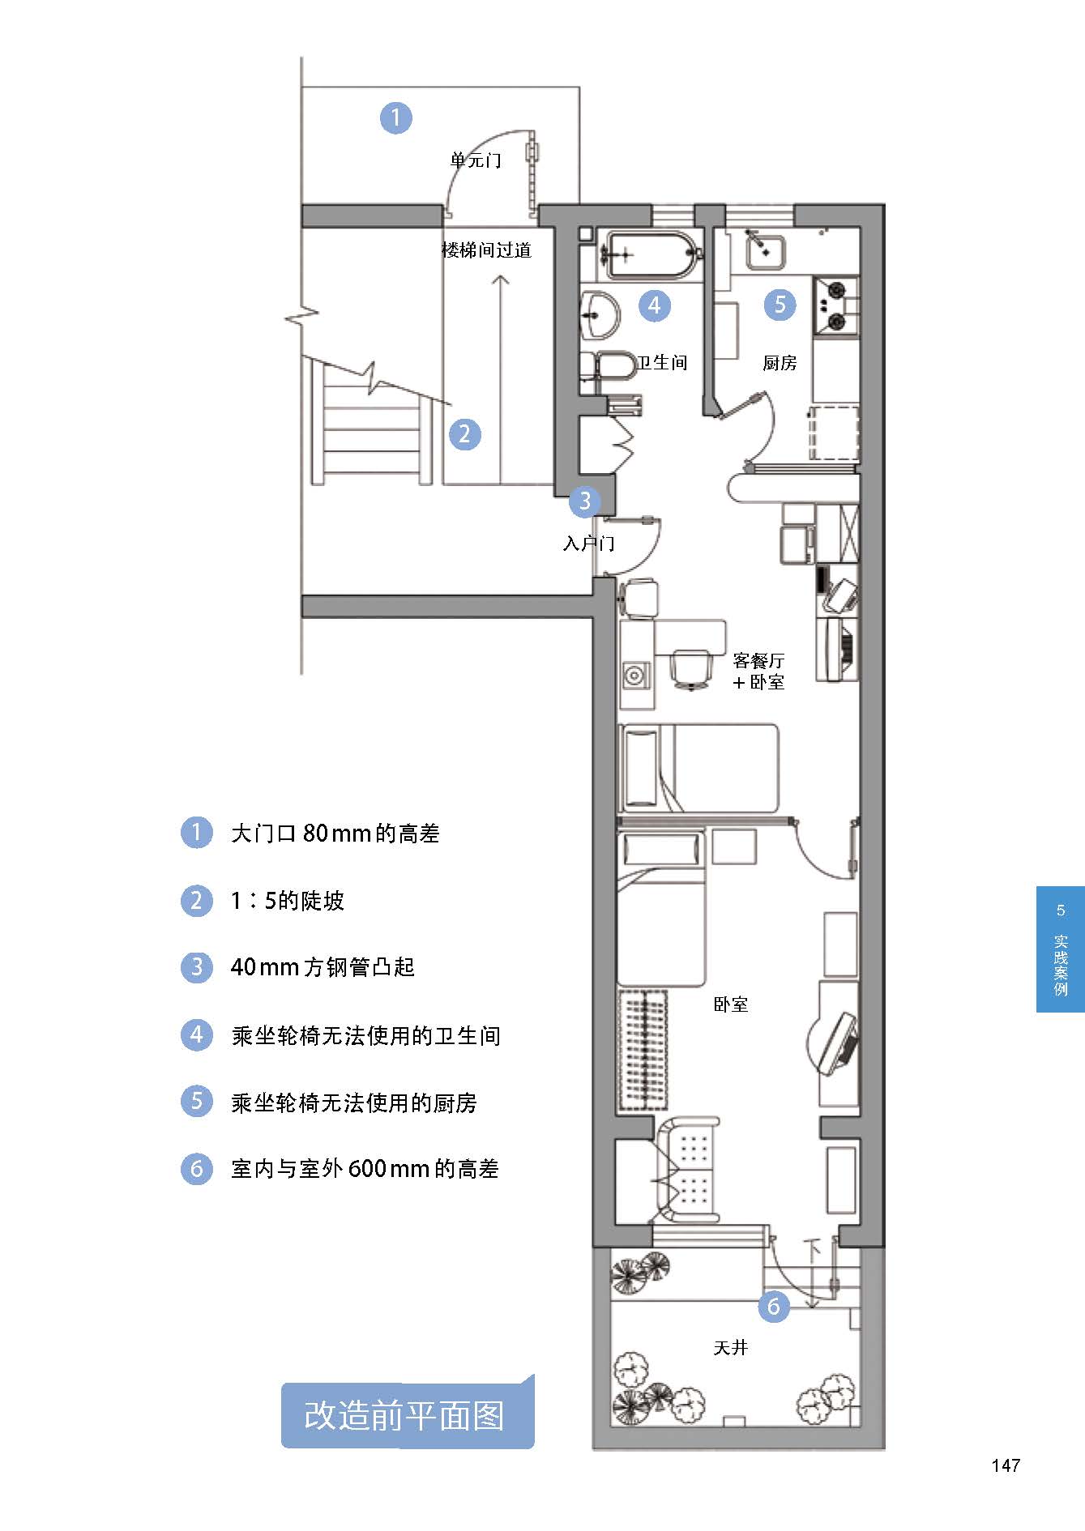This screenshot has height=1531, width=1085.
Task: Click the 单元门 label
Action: pyautogui.click(x=476, y=160)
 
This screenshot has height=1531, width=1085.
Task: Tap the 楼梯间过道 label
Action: pyautogui.click(x=486, y=249)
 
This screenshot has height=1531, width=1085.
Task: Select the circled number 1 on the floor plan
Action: pyautogui.click(x=396, y=117)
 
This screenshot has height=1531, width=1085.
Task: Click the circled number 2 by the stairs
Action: pyautogui.click(x=464, y=434)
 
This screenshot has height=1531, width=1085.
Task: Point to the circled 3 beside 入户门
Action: pyautogui.click(x=585, y=501)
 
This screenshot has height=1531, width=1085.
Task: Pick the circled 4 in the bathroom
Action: pyautogui.click(x=655, y=305)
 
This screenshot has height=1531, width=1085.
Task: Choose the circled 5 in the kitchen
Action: pyautogui.click(x=780, y=305)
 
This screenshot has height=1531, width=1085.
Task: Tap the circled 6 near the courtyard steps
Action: pyautogui.click(x=773, y=1306)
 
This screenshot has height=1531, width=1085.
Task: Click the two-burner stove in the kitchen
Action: pyautogui.click(x=835, y=306)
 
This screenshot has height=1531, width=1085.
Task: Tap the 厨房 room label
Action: pyautogui.click(x=780, y=363)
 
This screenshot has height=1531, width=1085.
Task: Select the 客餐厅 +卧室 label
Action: pyautogui.click(x=758, y=671)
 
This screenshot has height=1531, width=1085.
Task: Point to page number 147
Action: pyautogui.click(x=1005, y=1465)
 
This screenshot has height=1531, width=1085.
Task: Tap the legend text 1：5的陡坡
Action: pyautogui.click(x=288, y=900)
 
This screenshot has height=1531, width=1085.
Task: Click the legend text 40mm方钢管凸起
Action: pyautogui.click(x=323, y=966)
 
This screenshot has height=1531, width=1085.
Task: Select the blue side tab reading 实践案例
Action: pyautogui.click(x=1061, y=949)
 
